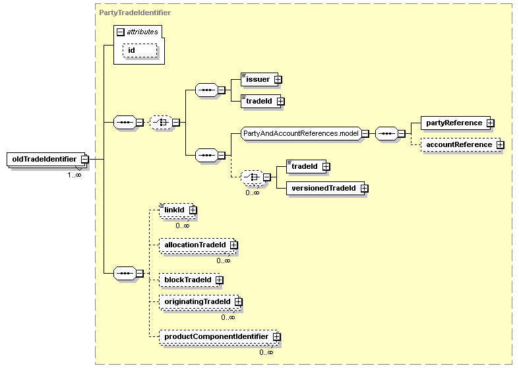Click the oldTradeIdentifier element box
[46, 159]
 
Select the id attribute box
[140, 51]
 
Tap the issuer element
[260, 79]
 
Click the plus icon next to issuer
[278, 80]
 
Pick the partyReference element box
[456, 123]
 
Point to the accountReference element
[460, 144]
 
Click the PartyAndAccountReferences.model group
[301, 133]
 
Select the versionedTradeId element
[325, 188]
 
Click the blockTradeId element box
[190, 280]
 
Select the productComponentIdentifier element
[218, 336]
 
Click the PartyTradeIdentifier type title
[135, 13]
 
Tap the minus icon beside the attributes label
[121, 32]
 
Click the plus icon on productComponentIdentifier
[277, 337]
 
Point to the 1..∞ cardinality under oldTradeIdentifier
[75, 175]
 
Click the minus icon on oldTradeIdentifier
[85, 159]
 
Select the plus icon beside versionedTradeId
[365, 189]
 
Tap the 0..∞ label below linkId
[183, 226]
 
